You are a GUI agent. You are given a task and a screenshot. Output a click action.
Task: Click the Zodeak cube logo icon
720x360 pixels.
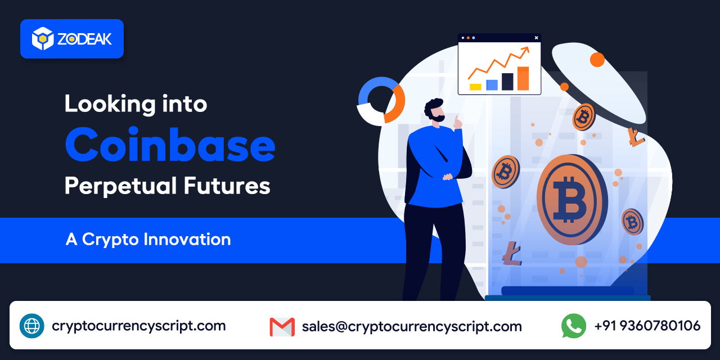42,38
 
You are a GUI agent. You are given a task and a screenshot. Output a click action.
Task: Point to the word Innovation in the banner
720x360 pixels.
187,239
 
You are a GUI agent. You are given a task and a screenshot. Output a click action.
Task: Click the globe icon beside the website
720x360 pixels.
31,326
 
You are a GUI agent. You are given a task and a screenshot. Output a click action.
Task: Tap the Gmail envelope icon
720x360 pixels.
282,326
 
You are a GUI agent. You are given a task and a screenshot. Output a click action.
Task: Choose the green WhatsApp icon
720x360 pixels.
573,326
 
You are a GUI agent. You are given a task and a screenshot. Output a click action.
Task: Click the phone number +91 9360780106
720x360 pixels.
647,326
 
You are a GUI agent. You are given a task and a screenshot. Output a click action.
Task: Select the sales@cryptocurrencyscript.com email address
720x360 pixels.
412,326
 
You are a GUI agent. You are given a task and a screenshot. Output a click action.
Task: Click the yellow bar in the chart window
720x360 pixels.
475,87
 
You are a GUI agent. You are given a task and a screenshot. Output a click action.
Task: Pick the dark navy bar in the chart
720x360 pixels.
507,82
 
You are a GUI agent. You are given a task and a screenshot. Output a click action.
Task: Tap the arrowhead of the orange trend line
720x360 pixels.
526,51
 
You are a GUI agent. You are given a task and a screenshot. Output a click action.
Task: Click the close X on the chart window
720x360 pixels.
536,38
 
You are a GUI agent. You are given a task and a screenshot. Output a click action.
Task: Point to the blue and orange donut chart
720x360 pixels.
381,101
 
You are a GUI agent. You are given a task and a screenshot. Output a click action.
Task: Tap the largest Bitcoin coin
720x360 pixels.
571,199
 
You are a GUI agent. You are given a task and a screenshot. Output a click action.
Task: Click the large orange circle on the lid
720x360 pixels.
597,59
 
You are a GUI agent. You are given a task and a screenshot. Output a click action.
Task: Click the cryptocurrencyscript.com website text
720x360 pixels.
139,326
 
